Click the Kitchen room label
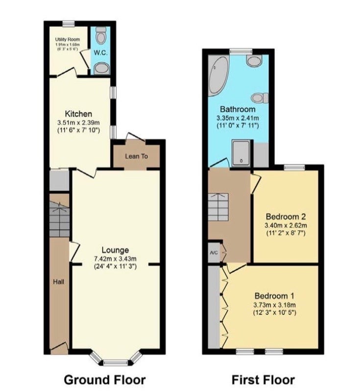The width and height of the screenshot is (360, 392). click(78, 114)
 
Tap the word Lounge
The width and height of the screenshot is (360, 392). click(115, 250)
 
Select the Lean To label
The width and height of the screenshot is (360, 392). click(136, 156)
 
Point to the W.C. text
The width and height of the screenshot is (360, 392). click(101, 53)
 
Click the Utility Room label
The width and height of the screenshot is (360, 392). click(68, 39)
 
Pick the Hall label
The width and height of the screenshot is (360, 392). click(58, 282)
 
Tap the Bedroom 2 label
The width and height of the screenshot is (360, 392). click(286, 216)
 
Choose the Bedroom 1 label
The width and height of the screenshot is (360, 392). click(274, 296)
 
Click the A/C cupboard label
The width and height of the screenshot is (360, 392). click(214, 253)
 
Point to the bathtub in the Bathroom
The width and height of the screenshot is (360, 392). click(218, 76)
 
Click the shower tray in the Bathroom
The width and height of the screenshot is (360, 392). click(241, 153)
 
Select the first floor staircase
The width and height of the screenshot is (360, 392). click(218, 207)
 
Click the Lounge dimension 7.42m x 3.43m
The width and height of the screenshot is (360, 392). click(115, 259)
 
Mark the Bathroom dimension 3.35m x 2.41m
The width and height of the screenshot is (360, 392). click(238, 118)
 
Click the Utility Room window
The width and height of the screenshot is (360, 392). click(68, 24)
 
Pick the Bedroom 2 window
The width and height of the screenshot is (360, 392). click(294, 168)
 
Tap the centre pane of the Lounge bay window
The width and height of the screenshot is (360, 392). click(116, 363)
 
